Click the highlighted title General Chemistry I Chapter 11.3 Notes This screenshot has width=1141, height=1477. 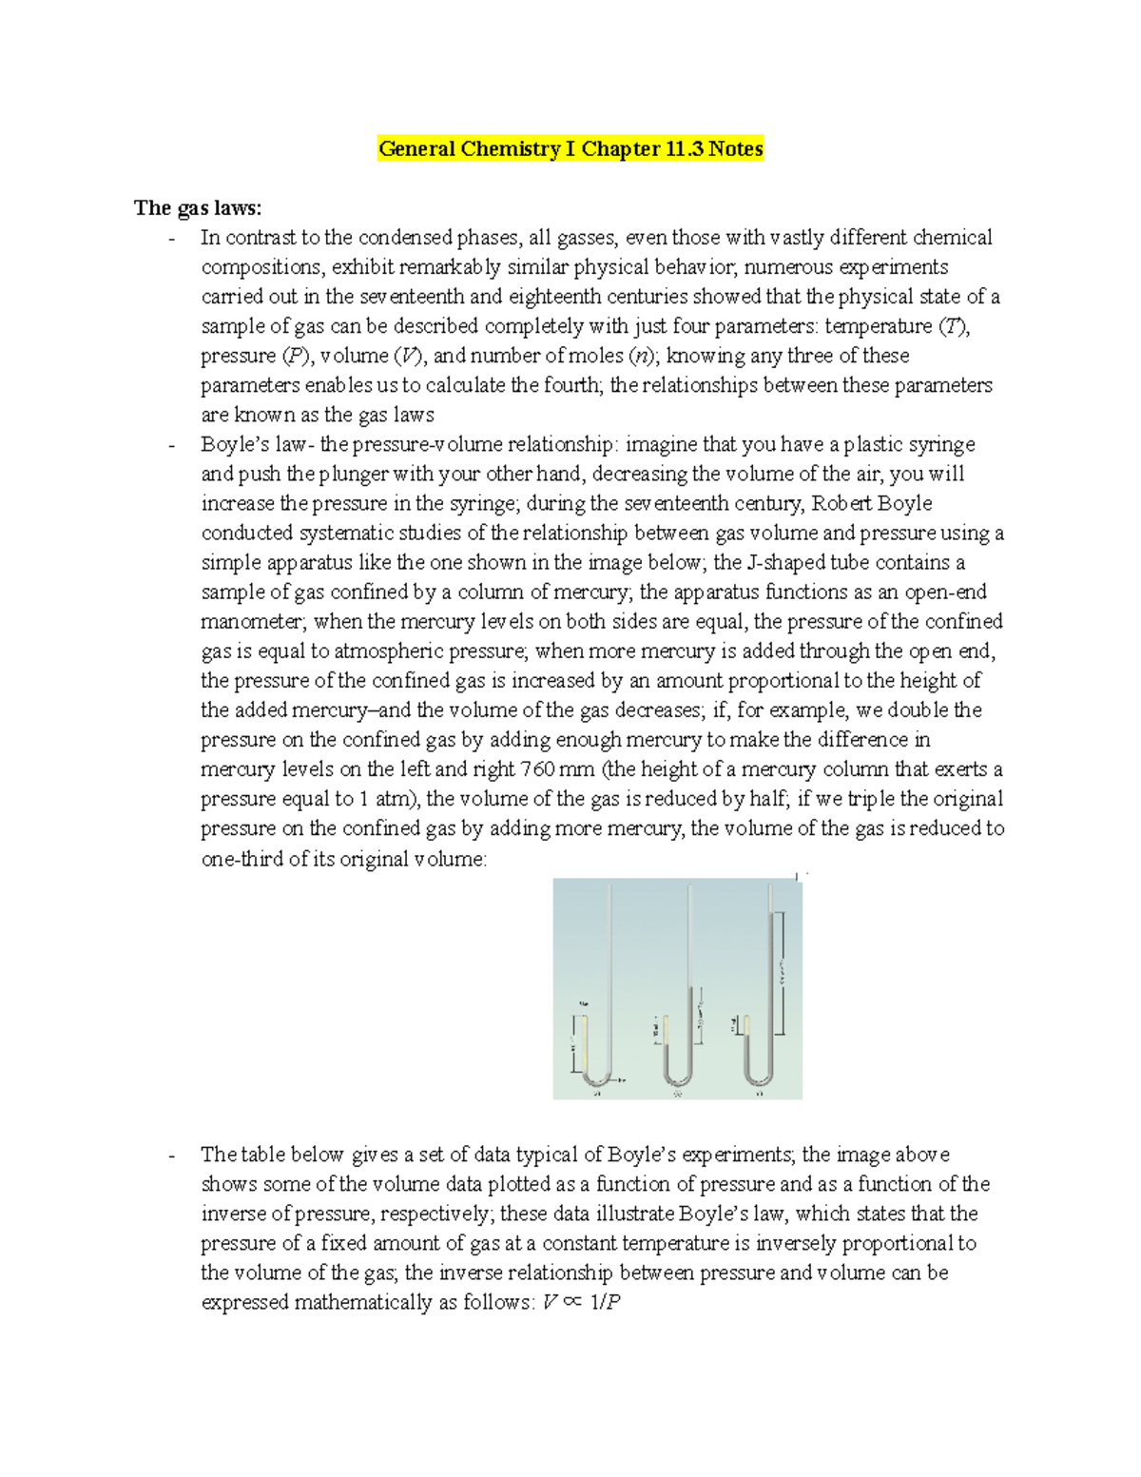[570, 149]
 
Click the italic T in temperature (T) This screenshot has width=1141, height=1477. [953, 326]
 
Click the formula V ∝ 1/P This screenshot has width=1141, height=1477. [581, 1303]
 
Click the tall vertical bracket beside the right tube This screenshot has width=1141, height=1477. [781, 972]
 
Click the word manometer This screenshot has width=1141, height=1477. [250, 622]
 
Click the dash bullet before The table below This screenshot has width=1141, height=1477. [171, 1156]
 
